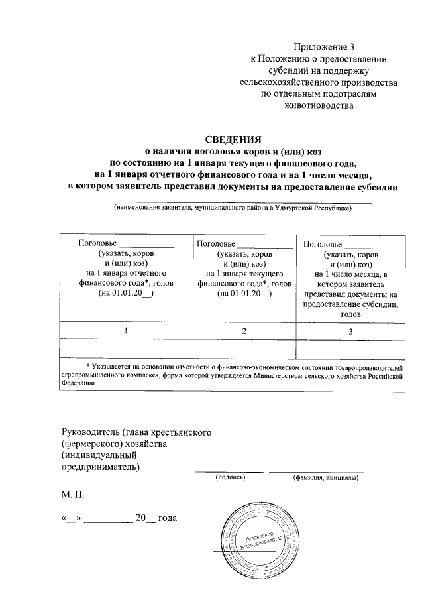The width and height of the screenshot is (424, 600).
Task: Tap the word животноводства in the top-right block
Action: click(x=323, y=106)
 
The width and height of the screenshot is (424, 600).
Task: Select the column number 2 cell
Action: click(x=244, y=330)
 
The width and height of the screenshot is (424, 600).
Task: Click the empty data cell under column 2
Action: click(x=244, y=347)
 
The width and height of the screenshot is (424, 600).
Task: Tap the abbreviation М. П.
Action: click(x=73, y=495)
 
